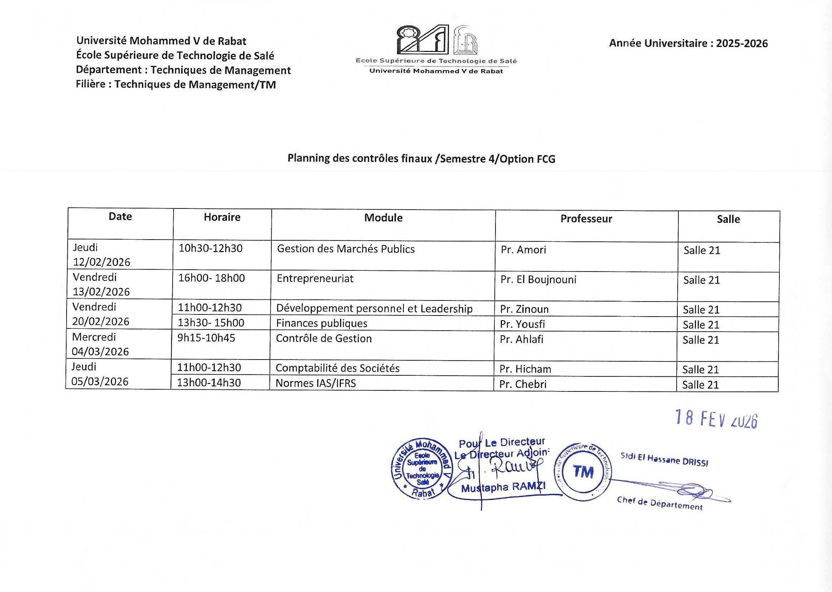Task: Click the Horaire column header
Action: tap(222, 217)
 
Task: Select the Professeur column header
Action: tap(586, 219)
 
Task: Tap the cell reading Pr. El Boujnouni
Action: tap(538, 280)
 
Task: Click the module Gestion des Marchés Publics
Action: tap(345, 249)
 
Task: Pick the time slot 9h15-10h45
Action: tap(206, 338)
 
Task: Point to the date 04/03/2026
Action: tap(100, 351)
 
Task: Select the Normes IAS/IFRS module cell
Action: tap(315, 383)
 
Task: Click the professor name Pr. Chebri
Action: tap(523, 384)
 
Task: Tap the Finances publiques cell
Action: tap(321, 323)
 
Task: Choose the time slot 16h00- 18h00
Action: tap(211, 278)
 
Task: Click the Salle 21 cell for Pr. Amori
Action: tap(702, 250)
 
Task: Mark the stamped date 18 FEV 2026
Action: tap(716, 419)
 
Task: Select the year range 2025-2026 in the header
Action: tap(742, 44)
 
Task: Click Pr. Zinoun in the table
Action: tap(524, 309)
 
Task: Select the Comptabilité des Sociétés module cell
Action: tap(337, 368)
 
